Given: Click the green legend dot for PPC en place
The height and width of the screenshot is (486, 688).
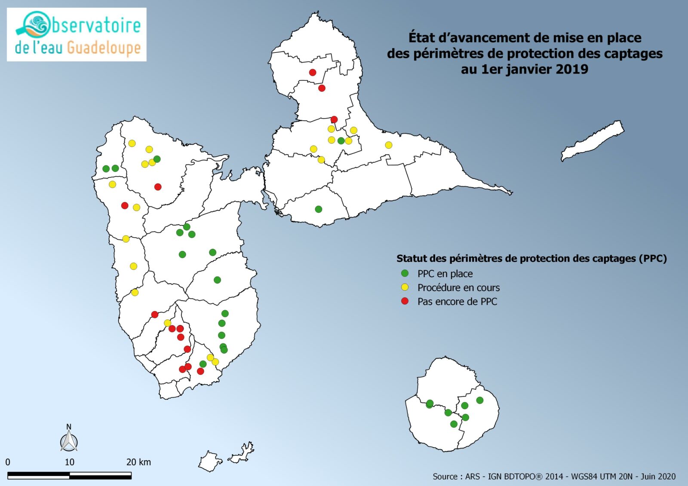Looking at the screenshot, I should [405, 273].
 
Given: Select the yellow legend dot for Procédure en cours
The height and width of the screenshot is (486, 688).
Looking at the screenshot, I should [405, 287].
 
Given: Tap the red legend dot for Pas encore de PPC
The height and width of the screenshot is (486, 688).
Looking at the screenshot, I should [405, 301].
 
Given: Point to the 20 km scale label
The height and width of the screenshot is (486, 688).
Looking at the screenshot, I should [138, 462].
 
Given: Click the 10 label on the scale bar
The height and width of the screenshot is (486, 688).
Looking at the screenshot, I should [69, 462].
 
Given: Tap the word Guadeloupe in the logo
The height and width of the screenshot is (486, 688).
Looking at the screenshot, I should [104, 48].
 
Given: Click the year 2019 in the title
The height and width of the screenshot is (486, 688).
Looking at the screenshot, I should [571, 69].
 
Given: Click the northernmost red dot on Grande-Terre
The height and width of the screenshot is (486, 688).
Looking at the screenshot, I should [313, 72].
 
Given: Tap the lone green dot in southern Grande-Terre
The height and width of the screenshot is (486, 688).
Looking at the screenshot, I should [319, 209].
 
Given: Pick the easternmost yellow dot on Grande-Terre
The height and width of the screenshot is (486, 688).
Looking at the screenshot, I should [389, 145].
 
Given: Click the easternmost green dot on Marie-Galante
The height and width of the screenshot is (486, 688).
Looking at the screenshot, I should [480, 400].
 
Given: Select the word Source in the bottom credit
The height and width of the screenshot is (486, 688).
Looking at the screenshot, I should [445, 477].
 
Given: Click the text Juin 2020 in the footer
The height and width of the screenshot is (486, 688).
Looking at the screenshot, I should [658, 477].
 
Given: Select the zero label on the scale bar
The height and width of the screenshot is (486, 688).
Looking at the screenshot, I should [8, 462].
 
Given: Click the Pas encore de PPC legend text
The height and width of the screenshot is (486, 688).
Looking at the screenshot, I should [457, 302].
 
